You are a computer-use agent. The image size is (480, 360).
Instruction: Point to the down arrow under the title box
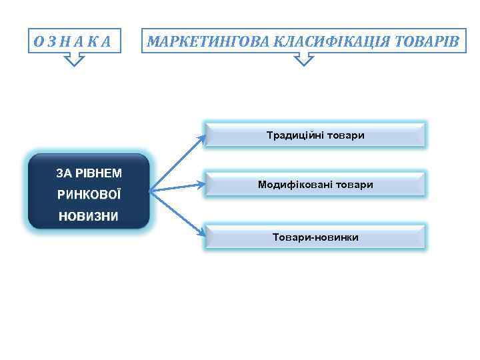point(304,61)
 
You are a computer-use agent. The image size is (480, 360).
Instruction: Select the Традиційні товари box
point(315,135)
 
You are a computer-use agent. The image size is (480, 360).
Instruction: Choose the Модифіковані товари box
point(315,184)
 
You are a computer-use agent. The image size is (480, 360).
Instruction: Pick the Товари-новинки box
point(315,237)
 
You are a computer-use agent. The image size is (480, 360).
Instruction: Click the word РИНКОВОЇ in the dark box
point(88,195)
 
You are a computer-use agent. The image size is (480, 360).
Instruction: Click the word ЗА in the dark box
point(64,173)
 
